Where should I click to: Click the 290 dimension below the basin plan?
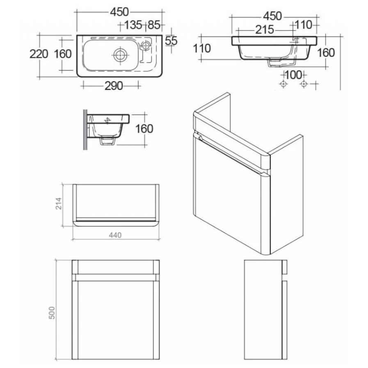pyautogui.click(x=114, y=86)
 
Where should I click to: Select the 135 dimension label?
pyautogui.click(x=133, y=25)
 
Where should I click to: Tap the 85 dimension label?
pyautogui.click(x=154, y=25)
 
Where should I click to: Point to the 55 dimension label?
pyautogui.click(x=171, y=41)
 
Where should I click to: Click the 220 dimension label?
pyautogui.click(x=39, y=54)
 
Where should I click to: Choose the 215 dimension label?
pyautogui.click(x=265, y=30)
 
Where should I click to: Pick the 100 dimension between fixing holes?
pyautogui.click(x=293, y=75)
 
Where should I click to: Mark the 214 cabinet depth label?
pyautogui.click(x=58, y=203)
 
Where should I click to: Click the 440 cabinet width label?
pyautogui.click(x=115, y=235)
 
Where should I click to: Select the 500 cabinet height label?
pyautogui.click(x=52, y=313)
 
